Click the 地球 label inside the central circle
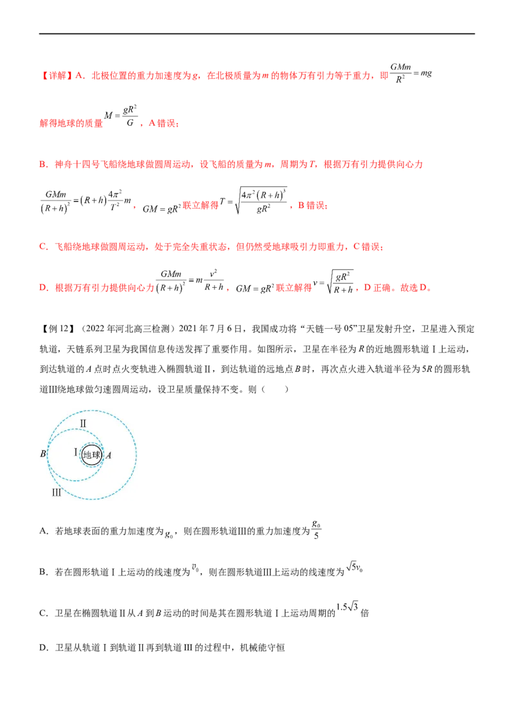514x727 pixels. click(x=92, y=455)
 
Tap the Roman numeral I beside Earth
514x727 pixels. click(x=75, y=453)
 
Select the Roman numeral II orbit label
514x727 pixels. click(x=83, y=423)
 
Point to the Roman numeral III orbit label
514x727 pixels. click(x=57, y=493)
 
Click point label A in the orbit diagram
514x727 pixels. click(x=109, y=455)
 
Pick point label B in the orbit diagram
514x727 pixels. click(x=42, y=454)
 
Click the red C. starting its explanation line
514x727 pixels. click(x=40, y=247)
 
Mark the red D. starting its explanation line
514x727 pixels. click(x=40, y=289)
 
